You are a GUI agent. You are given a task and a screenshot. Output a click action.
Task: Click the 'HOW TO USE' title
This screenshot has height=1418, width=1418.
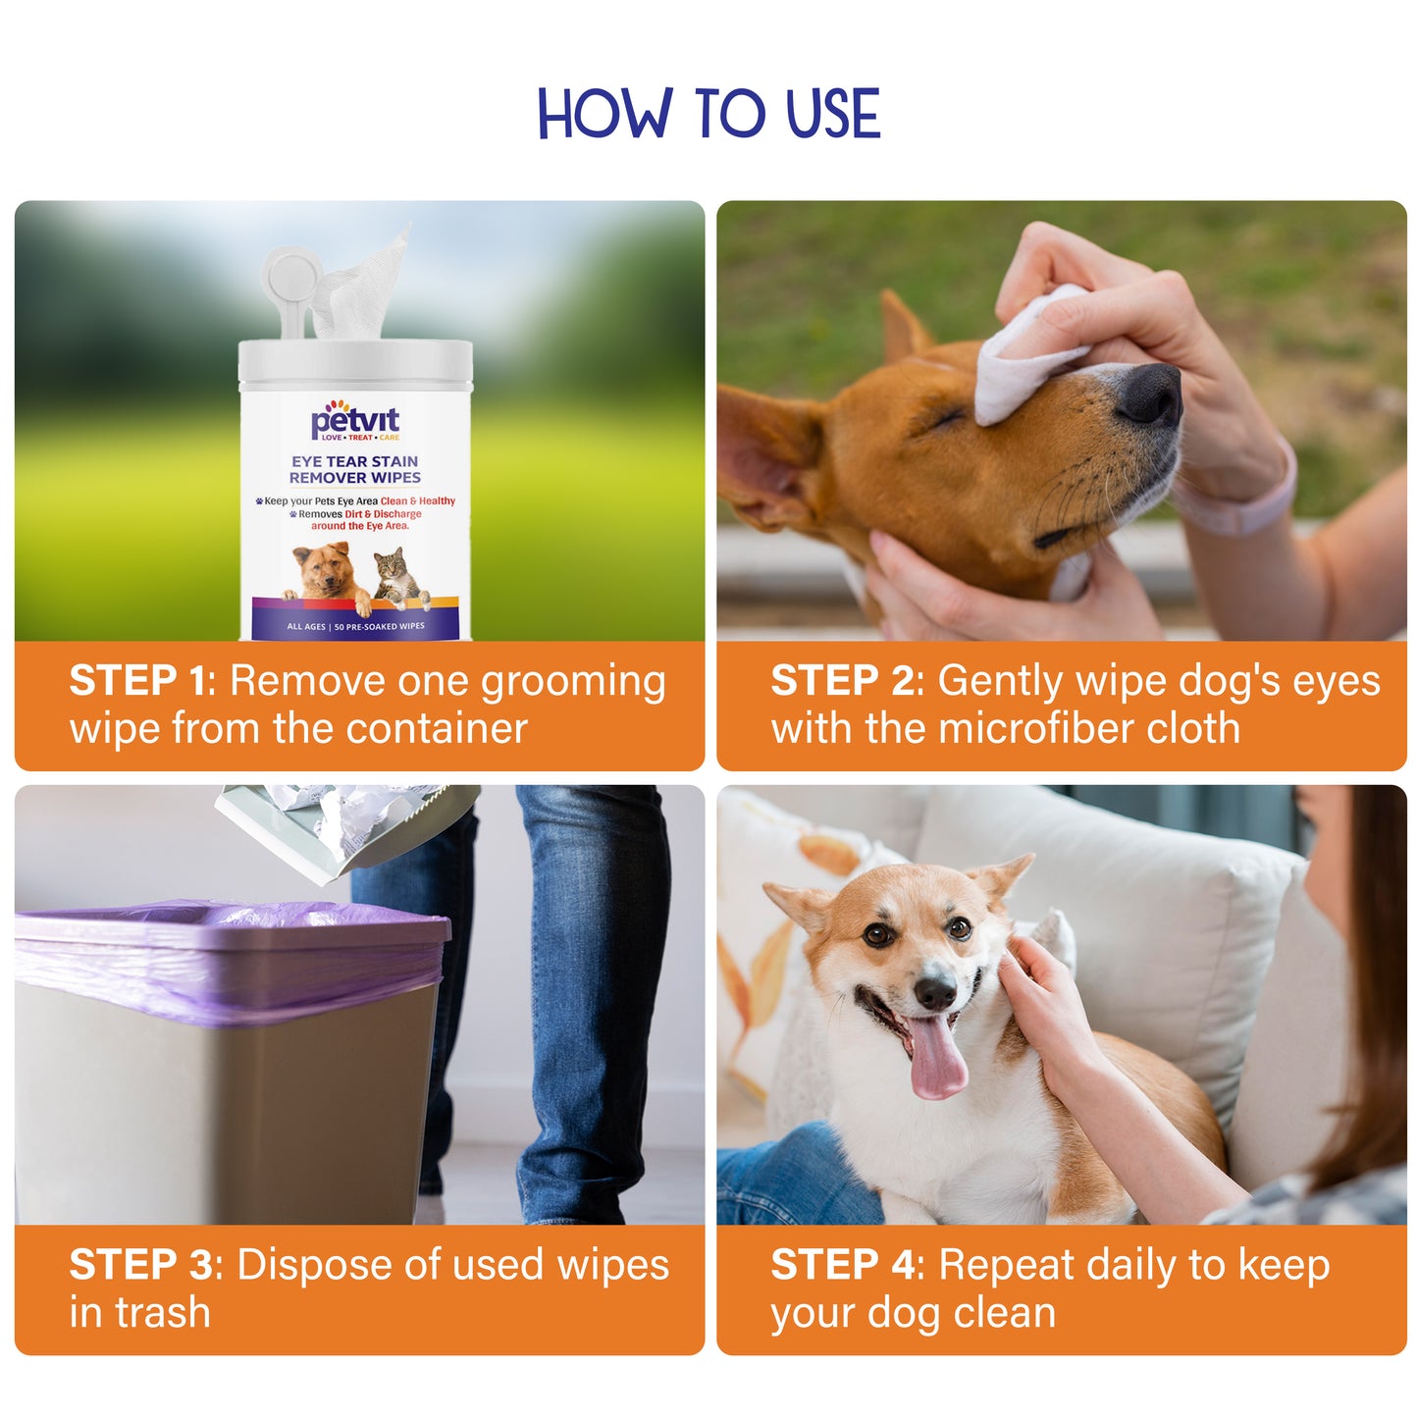[x=709, y=113]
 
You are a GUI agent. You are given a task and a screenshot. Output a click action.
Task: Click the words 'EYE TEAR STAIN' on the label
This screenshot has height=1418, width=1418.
[x=354, y=461]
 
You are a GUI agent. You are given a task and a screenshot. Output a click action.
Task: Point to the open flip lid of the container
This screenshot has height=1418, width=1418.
[x=291, y=289]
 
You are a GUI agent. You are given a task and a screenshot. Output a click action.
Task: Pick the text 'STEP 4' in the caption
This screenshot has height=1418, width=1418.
[x=844, y=1264]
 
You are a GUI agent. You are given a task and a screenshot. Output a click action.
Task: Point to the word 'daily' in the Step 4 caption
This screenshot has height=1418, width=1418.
[x=1131, y=1267]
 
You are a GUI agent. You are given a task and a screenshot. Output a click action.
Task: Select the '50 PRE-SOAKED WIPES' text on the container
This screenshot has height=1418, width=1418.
[x=379, y=626]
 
